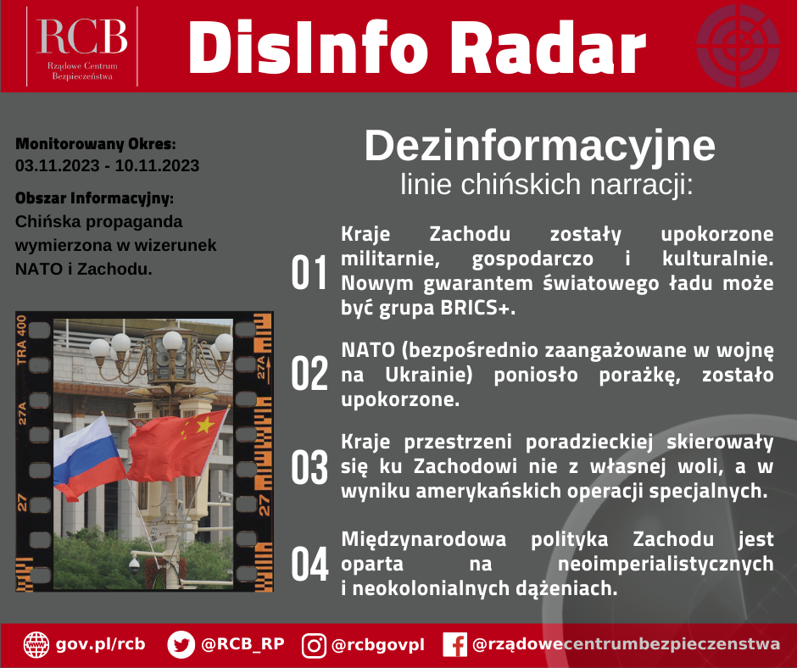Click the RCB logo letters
tap(82, 36)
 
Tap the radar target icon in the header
tap(738, 46)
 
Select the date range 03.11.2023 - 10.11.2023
tap(107, 166)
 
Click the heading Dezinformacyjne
tap(540, 146)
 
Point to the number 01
tap(309, 272)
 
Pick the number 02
tap(309, 374)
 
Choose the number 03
tap(309, 467)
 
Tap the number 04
tap(309, 564)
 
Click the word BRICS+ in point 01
tap(478, 308)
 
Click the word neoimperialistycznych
tap(666, 563)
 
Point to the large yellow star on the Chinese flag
tap(205, 425)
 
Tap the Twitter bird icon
tap(181, 644)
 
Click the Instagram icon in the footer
tap(314, 645)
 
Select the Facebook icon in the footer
tap(455, 644)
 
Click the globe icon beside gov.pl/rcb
tap(36, 644)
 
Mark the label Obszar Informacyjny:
tap(95, 198)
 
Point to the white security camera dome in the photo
tap(134, 564)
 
